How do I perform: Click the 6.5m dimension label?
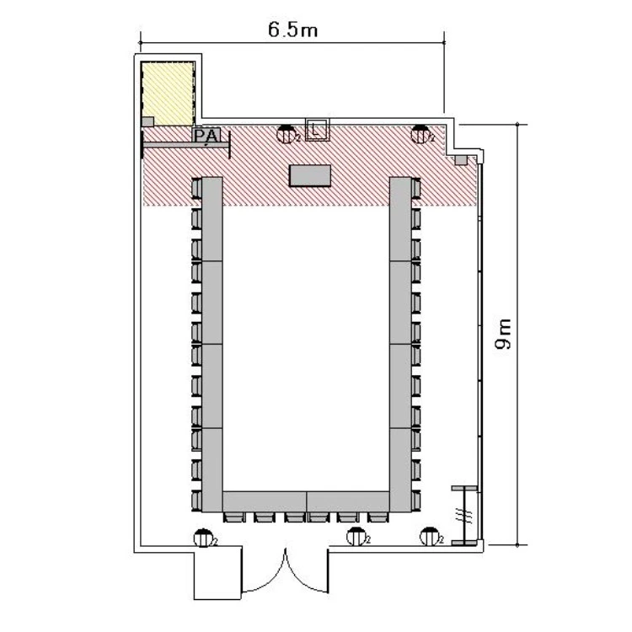[293, 29]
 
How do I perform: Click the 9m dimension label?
[503, 334]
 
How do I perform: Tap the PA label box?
[207, 136]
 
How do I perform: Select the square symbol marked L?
[317, 130]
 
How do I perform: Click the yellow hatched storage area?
[168, 93]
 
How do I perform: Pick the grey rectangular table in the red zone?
[310, 175]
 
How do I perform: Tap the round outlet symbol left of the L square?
[287, 134]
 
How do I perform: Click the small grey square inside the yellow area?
[148, 121]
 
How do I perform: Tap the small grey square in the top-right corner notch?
[461, 160]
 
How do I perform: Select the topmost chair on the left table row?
[196, 188]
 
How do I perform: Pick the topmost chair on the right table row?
[415, 188]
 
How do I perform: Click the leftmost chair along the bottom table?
[233, 517]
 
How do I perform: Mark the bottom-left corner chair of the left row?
[196, 501]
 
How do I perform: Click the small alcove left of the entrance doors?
[217, 572]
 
